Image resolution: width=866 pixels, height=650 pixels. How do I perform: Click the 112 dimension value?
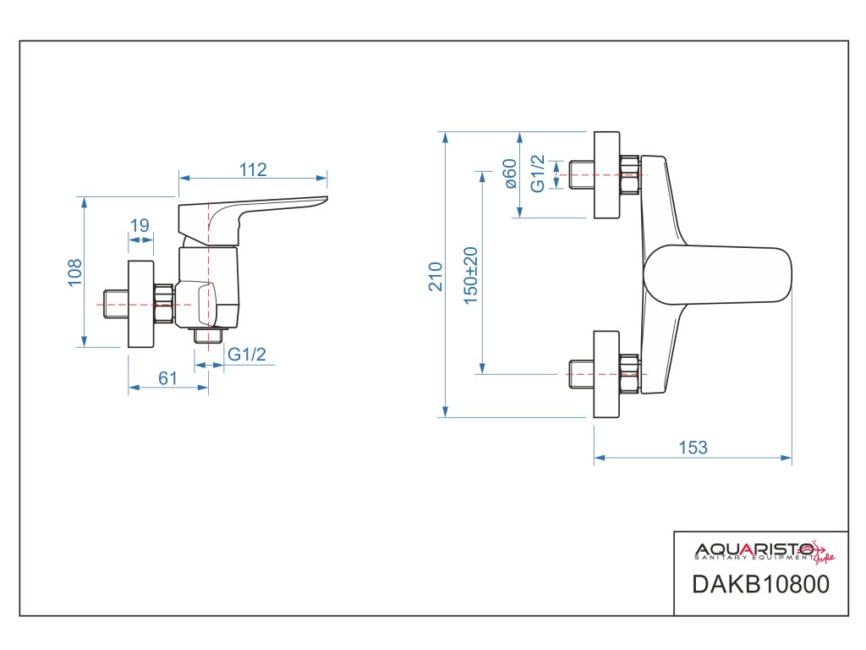253,170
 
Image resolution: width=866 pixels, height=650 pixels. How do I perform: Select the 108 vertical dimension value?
75,273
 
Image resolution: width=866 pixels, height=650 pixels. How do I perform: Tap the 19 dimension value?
140,226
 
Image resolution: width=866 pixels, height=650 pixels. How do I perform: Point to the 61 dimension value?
167,378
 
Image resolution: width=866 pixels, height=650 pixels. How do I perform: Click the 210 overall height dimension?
436,276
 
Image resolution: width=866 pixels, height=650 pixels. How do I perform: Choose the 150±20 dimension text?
471,276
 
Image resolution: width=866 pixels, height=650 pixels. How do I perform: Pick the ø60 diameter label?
509,174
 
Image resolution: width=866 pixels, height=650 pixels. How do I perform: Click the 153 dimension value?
693,448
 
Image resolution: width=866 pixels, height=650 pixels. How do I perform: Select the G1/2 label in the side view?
247,355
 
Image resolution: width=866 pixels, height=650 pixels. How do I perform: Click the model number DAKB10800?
760,585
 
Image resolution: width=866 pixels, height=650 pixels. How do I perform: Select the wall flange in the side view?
140,304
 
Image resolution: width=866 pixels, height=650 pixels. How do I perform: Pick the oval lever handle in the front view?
719,274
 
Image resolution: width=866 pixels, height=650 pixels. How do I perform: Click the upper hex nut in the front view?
629,175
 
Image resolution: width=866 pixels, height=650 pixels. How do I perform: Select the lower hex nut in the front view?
629,373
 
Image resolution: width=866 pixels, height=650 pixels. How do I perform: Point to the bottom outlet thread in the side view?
206,336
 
